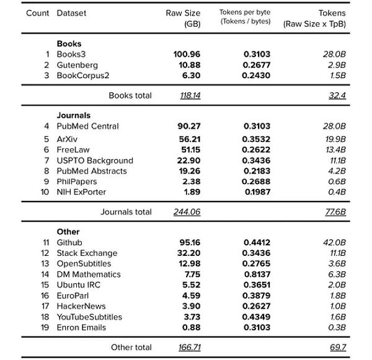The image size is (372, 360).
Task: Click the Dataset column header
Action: (x=71, y=13)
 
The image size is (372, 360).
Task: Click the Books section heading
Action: (x=69, y=44)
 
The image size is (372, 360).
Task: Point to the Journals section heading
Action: (x=73, y=115)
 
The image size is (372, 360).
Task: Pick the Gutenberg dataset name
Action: (x=77, y=65)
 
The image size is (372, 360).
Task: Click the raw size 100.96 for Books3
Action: (x=187, y=55)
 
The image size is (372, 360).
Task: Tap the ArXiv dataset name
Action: (x=66, y=139)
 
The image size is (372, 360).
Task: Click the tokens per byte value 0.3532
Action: (x=257, y=139)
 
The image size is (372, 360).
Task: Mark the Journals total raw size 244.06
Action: (x=187, y=212)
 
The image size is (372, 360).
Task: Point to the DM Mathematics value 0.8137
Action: (x=257, y=274)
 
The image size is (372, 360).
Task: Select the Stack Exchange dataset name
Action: (x=87, y=253)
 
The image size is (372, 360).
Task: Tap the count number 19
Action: (x=45, y=327)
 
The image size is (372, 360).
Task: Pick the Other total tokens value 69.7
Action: (x=337, y=348)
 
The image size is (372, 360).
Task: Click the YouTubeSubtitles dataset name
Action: (x=89, y=317)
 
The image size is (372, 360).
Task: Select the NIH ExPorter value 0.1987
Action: (x=257, y=191)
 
